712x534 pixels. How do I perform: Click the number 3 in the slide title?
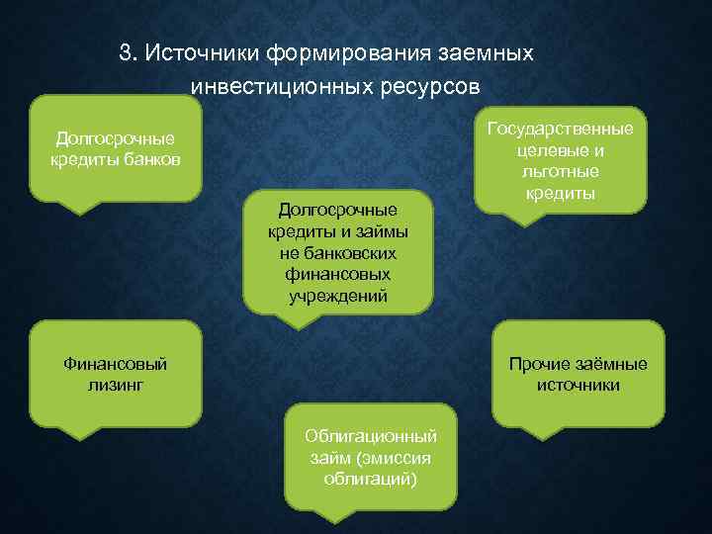click(x=125, y=53)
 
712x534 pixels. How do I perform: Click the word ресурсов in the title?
click(x=429, y=86)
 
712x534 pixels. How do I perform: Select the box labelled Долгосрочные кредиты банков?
click(x=116, y=148)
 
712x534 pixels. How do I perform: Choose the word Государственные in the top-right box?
click(x=560, y=130)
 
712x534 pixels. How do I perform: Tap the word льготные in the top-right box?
click(x=560, y=172)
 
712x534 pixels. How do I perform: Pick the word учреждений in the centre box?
click(x=338, y=296)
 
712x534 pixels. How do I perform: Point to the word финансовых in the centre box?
click(x=338, y=274)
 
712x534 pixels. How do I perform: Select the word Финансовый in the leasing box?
click(x=115, y=363)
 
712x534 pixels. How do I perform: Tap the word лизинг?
click(x=115, y=384)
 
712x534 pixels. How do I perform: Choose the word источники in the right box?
click(x=578, y=384)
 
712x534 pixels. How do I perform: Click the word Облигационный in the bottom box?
click(x=371, y=436)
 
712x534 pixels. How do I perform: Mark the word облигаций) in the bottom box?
click(x=371, y=479)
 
